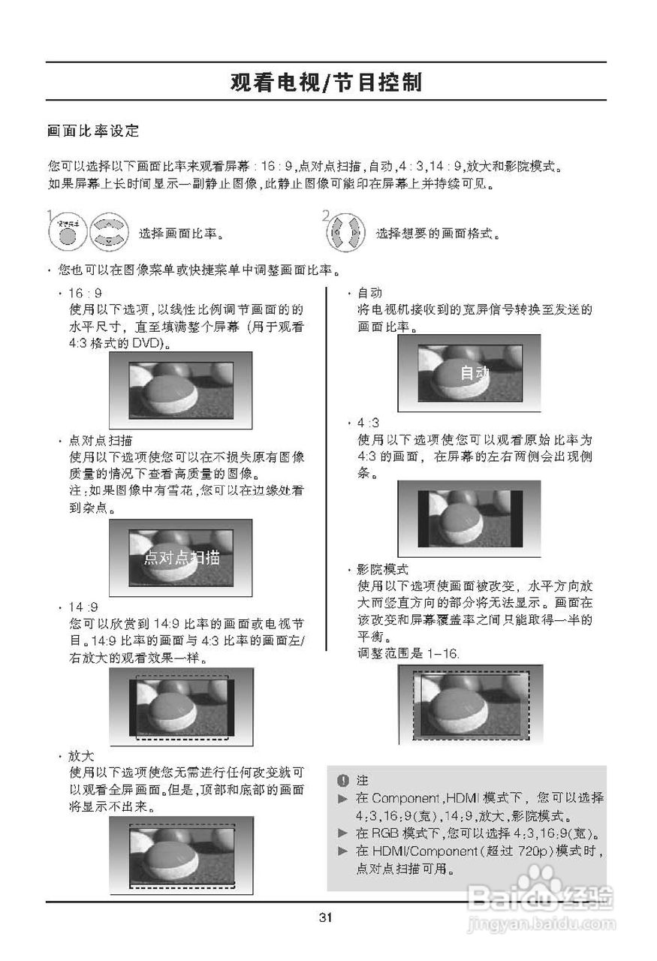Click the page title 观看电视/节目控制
(x=326, y=82)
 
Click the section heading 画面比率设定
(x=93, y=131)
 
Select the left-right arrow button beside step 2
(x=345, y=233)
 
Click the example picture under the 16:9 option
(x=181, y=389)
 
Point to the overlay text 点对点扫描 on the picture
(x=182, y=557)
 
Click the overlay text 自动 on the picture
(x=475, y=373)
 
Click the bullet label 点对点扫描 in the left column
(x=101, y=441)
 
